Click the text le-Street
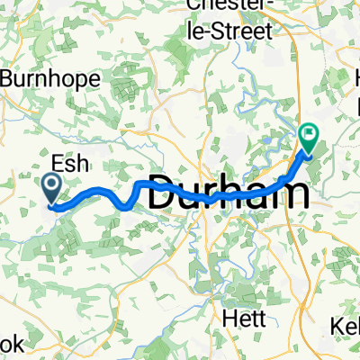coord(230,31)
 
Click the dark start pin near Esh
coord(50,188)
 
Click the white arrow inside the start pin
coord(50,186)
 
